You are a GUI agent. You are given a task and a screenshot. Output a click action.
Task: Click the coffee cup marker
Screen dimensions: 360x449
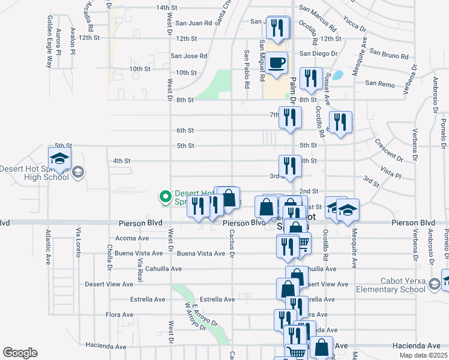[x=276, y=64]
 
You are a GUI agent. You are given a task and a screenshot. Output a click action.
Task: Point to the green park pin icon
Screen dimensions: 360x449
[x=163, y=196]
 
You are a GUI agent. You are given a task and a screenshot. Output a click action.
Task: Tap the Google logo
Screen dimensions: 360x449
[x=20, y=353]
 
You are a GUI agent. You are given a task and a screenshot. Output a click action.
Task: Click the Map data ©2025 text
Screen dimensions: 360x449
[x=423, y=355]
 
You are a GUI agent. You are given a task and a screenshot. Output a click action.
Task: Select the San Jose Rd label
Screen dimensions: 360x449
[x=189, y=56]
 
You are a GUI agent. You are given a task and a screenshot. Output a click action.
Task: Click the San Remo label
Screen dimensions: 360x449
[x=380, y=84]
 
